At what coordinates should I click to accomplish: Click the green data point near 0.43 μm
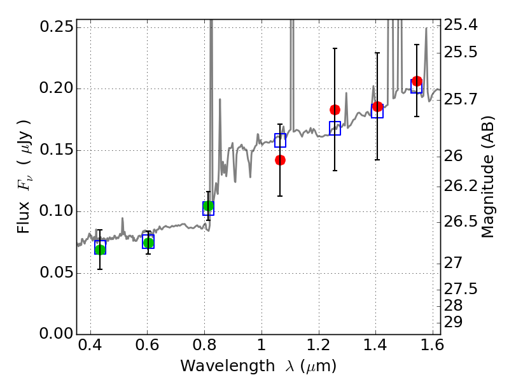[100, 249]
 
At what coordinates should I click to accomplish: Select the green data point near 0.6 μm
[148, 243]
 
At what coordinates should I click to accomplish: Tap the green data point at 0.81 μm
[208, 206]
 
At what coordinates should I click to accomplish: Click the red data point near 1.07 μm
[280, 160]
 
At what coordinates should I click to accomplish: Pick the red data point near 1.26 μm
[335, 110]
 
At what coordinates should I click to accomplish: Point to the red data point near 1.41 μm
[377, 106]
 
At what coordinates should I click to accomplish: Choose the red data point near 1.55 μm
[417, 81]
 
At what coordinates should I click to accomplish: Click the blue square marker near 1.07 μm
[280, 140]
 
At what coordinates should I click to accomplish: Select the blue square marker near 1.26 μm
[335, 128]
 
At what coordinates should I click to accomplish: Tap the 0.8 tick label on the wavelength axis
[204, 348]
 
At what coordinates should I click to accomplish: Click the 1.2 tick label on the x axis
[318, 348]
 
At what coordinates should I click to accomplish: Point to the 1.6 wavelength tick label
[432, 348]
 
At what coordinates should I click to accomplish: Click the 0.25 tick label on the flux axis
[55, 27]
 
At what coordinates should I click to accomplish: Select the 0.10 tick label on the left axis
[55, 211]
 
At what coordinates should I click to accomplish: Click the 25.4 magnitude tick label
[461, 25]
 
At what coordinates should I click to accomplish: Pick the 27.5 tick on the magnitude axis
[461, 289]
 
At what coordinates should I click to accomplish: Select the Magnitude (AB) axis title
[488, 177]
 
